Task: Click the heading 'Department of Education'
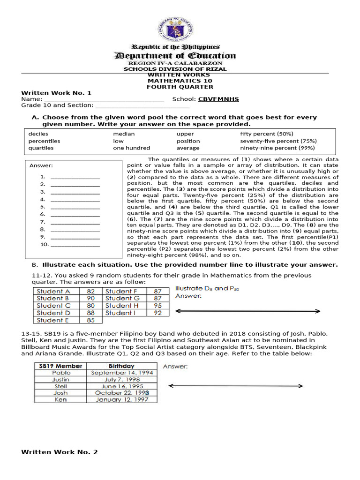click(x=176, y=56)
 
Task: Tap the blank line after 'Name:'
click(x=104, y=100)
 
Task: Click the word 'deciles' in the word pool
click(x=38, y=134)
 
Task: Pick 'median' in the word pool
click(x=124, y=134)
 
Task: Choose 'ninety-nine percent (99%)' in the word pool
click(x=277, y=148)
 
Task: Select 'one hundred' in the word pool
click(x=131, y=148)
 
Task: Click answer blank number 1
click(x=75, y=177)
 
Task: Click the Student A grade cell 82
click(x=91, y=291)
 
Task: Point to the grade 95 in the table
click(x=157, y=306)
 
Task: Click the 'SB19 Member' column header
click(x=61, y=366)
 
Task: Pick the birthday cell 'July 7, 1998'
click(x=122, y=379)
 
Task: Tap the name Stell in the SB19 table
click(x=61, y=386)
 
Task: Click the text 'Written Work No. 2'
click(x=60, y=452)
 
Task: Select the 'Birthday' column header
click(x=122, y=366)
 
